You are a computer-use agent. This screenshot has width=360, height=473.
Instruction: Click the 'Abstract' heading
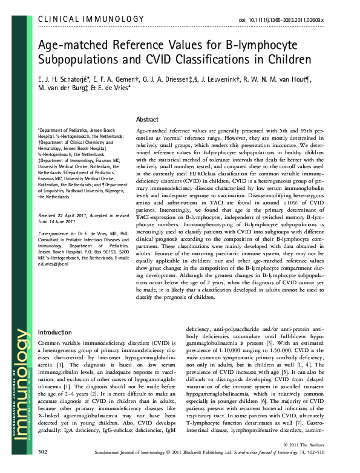tap(148, 120)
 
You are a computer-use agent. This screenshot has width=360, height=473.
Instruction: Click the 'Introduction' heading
tap(55, 333)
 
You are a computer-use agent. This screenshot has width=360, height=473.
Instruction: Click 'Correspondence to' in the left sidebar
tap(54, 249)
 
